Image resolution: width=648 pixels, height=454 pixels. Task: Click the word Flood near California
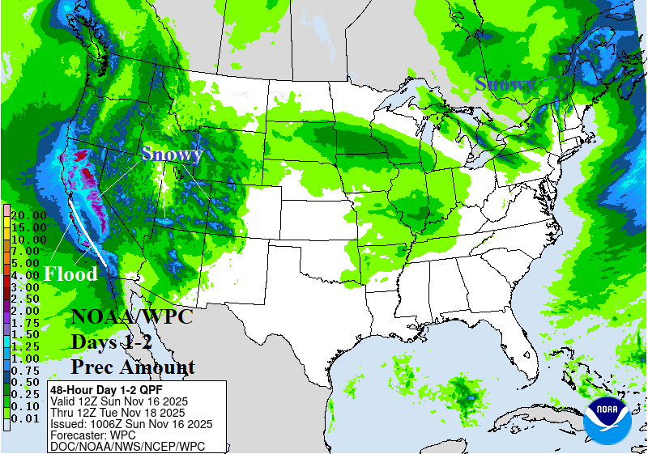click(70, 274)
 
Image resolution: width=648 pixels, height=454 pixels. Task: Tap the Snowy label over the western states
click(172, 154)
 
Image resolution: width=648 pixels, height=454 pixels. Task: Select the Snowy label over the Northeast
click(505, 83)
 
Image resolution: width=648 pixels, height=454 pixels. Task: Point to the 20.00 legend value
click(28, 214)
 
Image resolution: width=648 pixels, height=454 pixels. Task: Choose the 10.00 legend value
click(28, 240)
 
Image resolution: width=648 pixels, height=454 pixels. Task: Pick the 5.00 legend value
click(28, 263)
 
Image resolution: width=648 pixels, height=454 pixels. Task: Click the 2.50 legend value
click(28, 299)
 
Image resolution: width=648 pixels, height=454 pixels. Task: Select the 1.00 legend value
click(28, 358)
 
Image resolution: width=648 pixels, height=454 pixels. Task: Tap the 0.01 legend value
click(28, 418)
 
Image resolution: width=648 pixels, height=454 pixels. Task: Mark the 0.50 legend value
click(28, 382)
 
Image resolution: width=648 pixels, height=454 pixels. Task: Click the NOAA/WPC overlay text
click(132, 316)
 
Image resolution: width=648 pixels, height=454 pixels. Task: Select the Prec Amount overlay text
click(133, 367)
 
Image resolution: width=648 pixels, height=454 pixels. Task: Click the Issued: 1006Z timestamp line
click(131, 423)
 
